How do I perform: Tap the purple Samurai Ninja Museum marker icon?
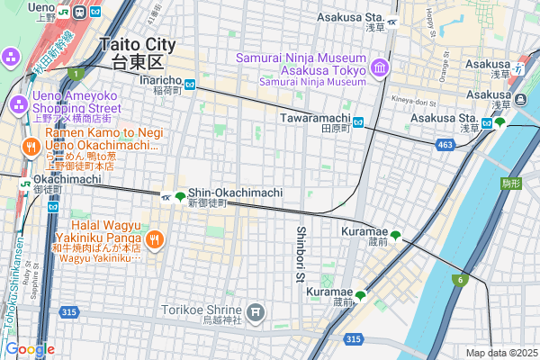[x=379, y=68]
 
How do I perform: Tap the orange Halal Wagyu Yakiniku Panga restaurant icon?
[x=154, y=238]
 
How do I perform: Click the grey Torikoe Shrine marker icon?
[x=257, y=312]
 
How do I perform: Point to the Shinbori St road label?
[x=301, y=254]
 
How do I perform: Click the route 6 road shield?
[x=460, y=280]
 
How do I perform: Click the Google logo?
[x=29, y=349]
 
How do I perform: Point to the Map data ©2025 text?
[x=499, y=353]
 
